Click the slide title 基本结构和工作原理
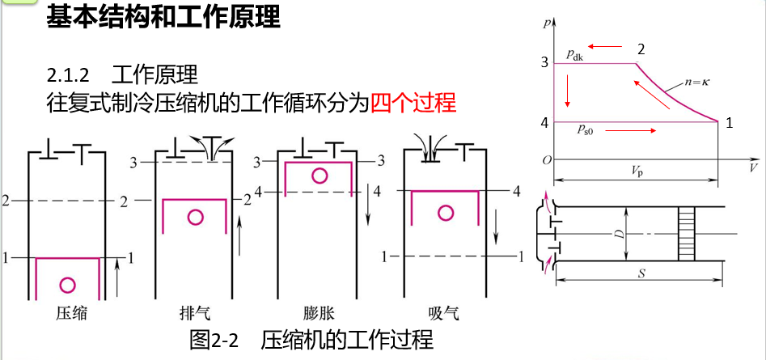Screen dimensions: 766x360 click(163, 18)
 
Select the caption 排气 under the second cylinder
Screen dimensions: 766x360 click(194, 313)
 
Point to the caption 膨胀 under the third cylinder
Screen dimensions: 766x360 click(320, 313)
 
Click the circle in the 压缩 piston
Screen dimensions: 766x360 click(68, 285)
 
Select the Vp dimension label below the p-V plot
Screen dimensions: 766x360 click(638, 171)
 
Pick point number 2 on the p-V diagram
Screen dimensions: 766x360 click(641, 49)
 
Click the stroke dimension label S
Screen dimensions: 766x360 click(638, 273)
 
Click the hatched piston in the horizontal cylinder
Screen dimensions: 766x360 click(687, 233)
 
